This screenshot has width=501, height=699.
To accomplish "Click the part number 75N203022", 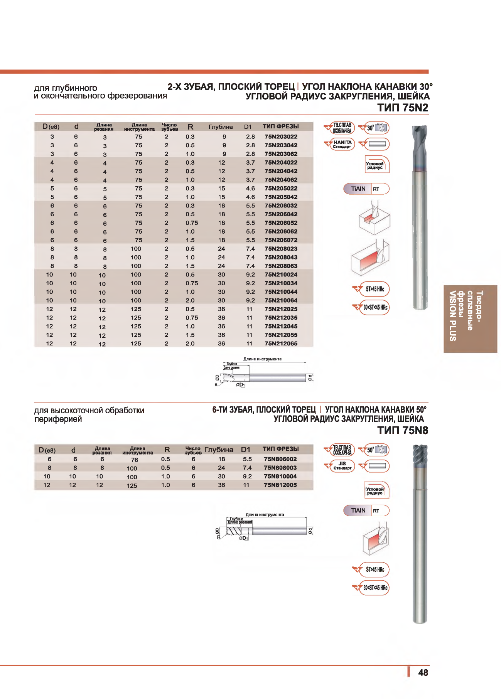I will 281,137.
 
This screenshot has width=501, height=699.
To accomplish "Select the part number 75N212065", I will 281,344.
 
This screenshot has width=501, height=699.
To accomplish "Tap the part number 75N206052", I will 281,223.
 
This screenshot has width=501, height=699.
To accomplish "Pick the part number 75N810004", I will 280,477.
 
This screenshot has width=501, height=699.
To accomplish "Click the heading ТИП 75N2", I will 403,108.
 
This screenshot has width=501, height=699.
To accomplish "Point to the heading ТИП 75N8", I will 403,431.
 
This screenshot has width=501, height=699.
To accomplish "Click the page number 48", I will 423,673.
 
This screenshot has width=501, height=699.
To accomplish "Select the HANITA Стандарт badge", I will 342,145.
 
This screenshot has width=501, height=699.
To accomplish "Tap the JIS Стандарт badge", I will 342,466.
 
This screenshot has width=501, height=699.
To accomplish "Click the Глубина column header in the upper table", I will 221,127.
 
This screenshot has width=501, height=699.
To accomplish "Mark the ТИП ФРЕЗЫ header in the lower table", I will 280,449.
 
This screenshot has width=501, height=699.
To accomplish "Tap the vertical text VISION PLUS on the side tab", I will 453,316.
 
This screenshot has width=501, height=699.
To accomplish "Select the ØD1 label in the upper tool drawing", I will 240,385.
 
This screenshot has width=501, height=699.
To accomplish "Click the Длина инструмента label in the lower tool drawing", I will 265,515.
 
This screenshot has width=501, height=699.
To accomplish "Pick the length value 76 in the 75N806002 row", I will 134,460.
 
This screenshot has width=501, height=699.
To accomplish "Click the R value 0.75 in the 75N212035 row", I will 192,318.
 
